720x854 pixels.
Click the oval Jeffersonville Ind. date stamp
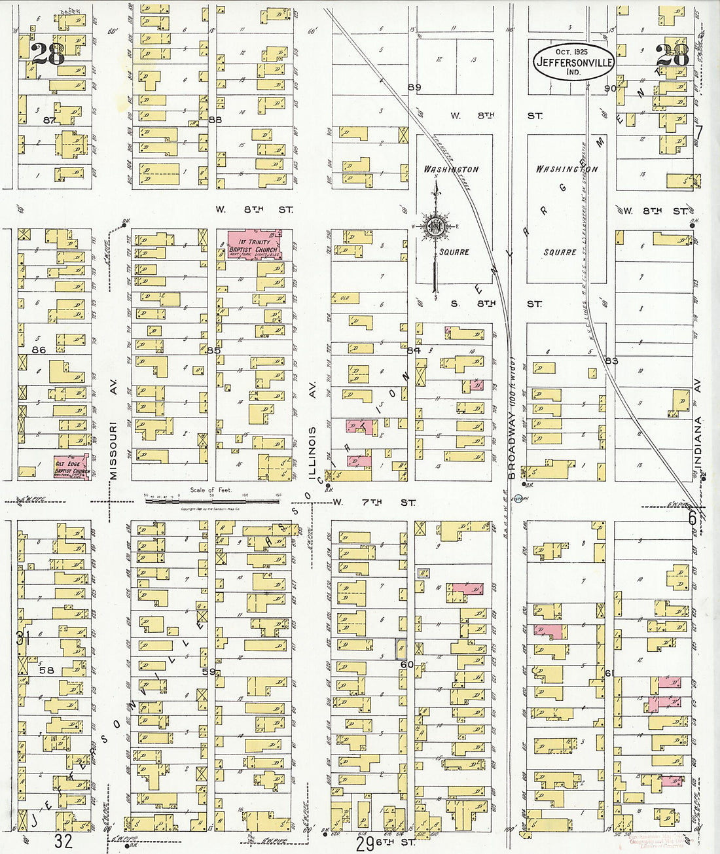pos(573,63)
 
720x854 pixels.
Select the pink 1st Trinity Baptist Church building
pos(254,245)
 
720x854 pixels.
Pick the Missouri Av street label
pos(114,431)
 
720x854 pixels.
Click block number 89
pos(414,88)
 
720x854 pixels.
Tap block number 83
pos(611,361)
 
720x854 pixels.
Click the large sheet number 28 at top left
pos(49,54)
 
